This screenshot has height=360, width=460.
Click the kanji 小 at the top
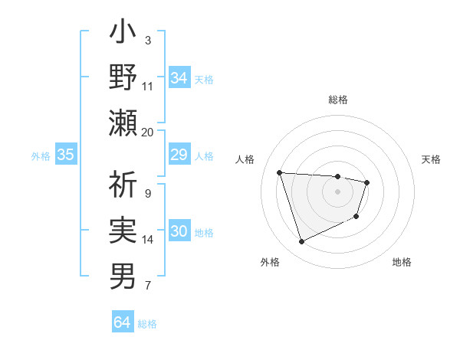point(123,35)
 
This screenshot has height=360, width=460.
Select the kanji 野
point(123,78)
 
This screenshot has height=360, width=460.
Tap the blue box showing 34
point(179,78)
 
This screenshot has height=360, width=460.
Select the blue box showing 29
point(179,155)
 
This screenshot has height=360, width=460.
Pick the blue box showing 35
point(66,155)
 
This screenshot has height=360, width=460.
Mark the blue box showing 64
point(122,322)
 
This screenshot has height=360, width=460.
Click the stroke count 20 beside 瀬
point(148,132)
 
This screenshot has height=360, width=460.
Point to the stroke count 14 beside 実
point(148,240)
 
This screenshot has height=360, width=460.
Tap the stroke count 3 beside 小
point(148,40)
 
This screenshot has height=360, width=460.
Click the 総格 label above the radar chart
point(337,100)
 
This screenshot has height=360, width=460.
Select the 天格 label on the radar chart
point(431,159)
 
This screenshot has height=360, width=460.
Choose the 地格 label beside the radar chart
point(402,262)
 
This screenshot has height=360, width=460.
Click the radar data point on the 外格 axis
point(301,242)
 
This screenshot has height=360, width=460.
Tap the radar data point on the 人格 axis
point(280,172)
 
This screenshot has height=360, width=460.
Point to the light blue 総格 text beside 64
point(147,324)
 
